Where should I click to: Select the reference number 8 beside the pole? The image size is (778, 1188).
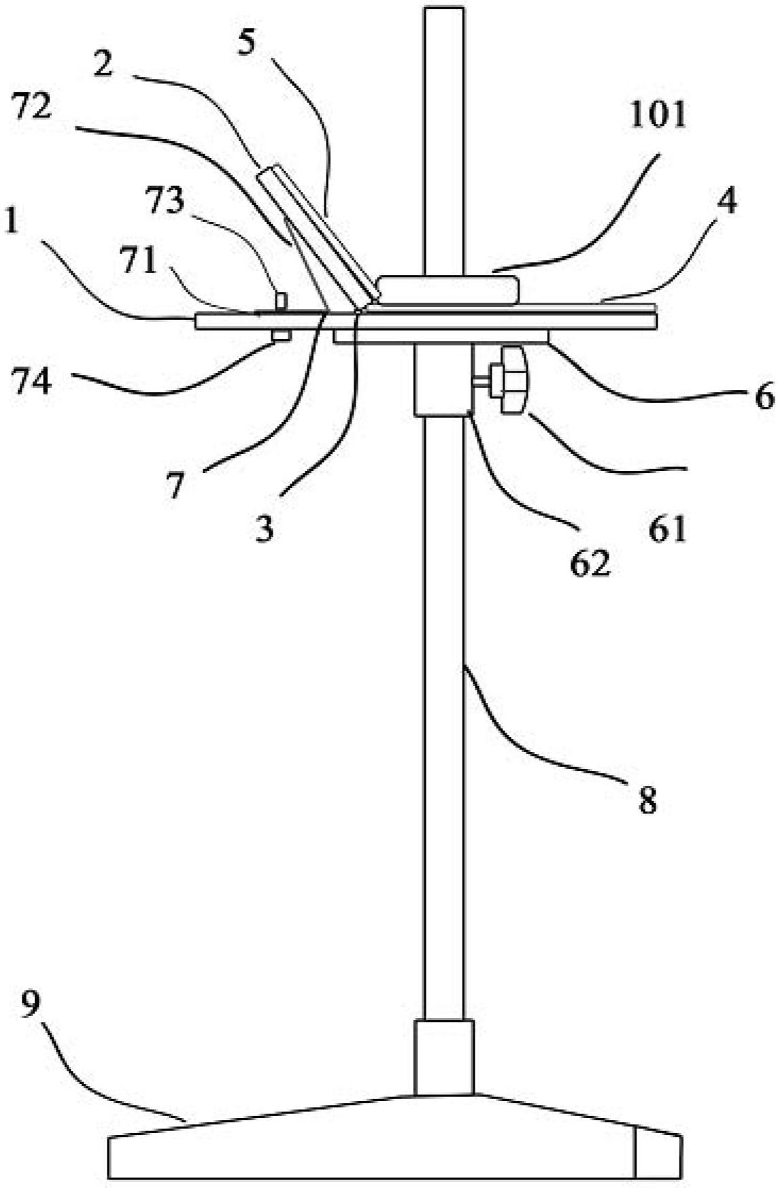point(646,802)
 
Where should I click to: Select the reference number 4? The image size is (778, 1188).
point(726,203)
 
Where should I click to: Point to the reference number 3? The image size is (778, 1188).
point(265,527)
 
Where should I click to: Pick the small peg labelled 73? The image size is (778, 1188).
point(280,300)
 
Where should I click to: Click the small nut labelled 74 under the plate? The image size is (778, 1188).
point(280,335)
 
